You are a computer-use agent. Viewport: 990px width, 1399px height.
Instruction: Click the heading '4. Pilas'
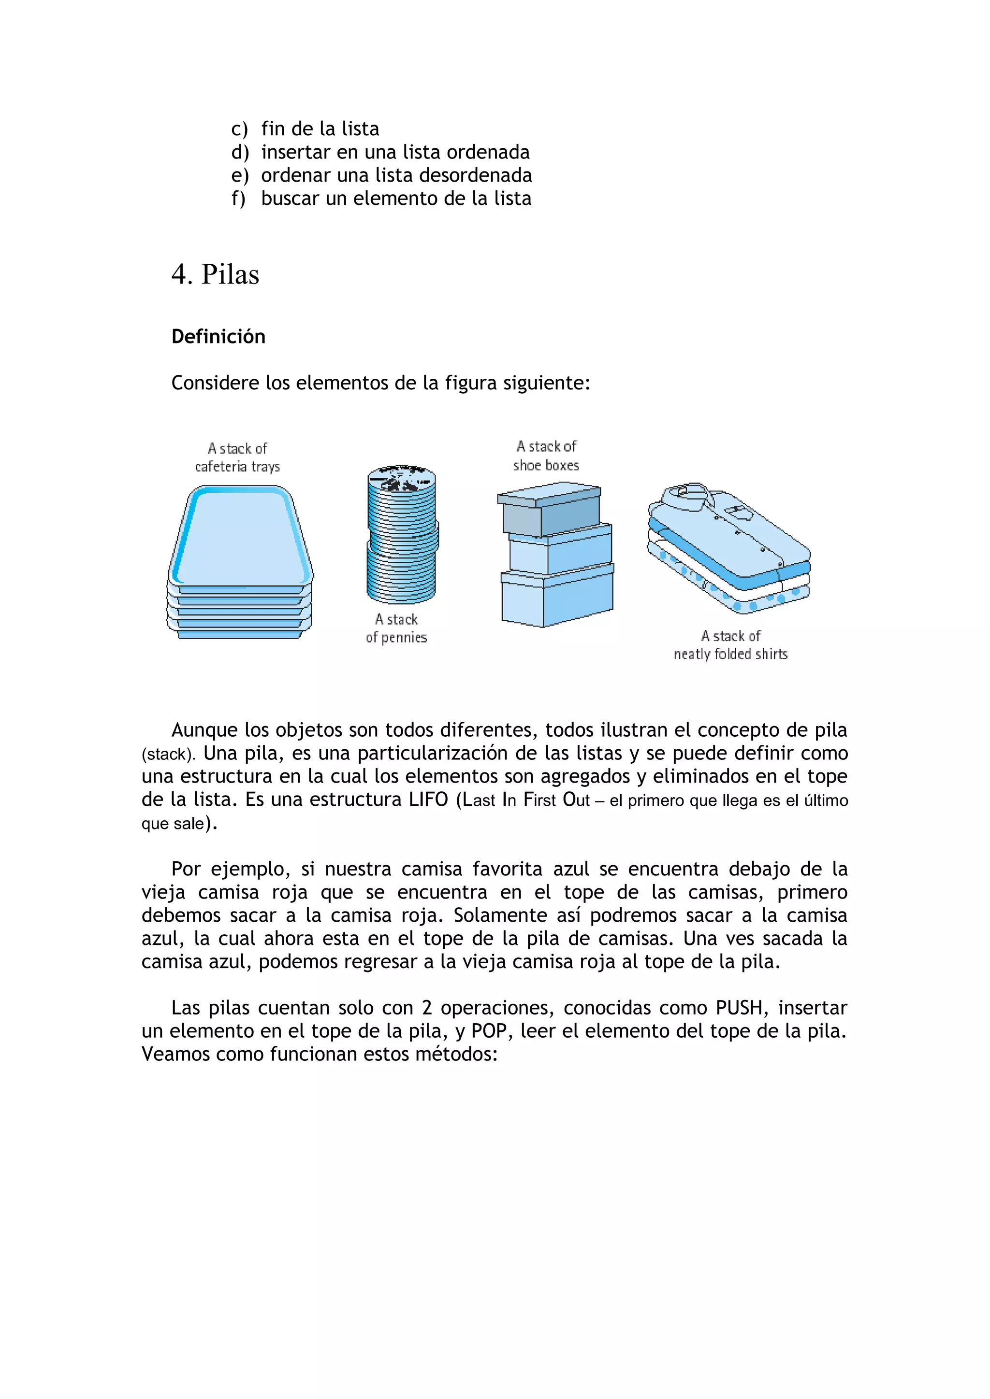[215, 275]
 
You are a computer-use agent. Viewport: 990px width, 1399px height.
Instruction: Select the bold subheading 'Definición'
[218, 336]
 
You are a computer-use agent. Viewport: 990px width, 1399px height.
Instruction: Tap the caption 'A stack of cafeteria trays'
[237, 457]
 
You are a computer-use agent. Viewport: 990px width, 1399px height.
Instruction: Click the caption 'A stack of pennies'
[396, 628]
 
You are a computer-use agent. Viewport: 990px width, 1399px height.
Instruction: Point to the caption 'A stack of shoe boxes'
[546, 456]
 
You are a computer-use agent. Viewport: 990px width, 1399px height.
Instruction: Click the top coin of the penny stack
[401, 478]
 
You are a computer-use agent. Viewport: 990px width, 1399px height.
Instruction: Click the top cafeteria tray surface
[241, 536]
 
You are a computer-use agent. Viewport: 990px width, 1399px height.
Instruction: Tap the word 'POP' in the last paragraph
[490, 1031]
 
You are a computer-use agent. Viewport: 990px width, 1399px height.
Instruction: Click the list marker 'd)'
[240, 152]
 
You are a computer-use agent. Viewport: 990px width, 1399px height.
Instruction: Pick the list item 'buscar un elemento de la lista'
[396, 199]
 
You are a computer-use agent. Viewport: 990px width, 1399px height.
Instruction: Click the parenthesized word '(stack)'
[168, 755]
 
